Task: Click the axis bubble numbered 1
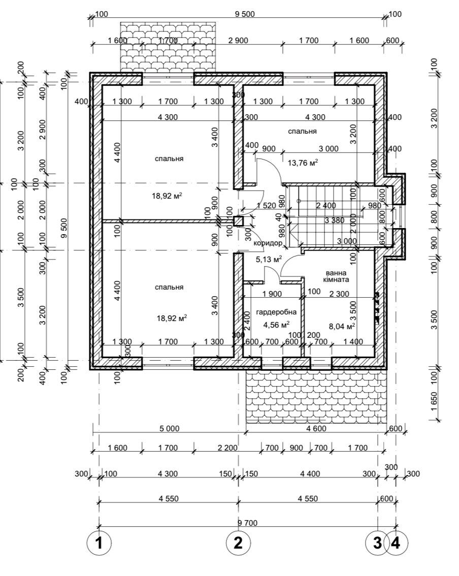pos(99,543)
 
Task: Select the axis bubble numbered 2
pos(238,543)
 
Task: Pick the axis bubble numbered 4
pos(396,543)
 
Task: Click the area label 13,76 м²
pos(303,163)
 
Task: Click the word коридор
pos(267,244)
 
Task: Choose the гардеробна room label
pos(276,312)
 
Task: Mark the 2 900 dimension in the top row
pos(238,41)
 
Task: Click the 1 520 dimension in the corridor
pos(266,206)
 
